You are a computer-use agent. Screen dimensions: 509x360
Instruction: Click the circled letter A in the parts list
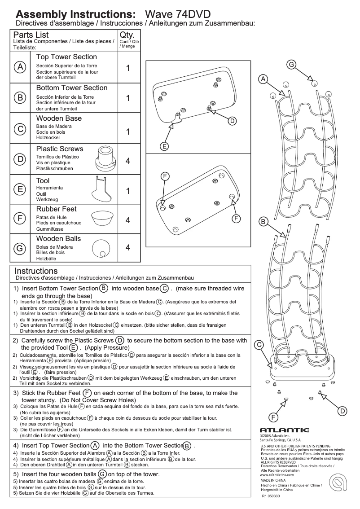click(x=20, y=67)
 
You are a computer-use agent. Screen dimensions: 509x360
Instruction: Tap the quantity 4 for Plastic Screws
click(x=128, y=160)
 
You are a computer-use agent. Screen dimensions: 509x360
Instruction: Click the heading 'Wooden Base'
click(x=59, y=118)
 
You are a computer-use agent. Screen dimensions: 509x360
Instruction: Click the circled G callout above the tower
click(x=291, y=65)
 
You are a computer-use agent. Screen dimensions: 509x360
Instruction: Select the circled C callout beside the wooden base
click(x=259, y=345)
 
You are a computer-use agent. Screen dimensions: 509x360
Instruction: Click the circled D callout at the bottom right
click(x=342, y=411)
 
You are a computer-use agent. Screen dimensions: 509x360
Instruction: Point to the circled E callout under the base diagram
click(x=165, y=146)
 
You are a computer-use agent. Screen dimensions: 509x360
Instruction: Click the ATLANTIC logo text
click(x=285, y=430)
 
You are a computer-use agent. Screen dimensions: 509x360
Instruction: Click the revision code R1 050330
click(x=272, y=496)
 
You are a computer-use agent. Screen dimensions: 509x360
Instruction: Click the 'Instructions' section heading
click(x=36, y=271)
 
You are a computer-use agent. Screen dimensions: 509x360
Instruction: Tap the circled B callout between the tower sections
click(x=263, y=221)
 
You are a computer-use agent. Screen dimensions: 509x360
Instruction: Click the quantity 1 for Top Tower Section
click(x=128, y=68)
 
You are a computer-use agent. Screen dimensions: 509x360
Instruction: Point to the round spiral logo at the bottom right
click(x=336, y=486)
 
